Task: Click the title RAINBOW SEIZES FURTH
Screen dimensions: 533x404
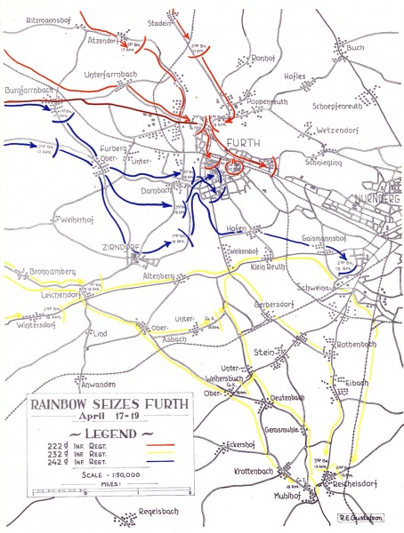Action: pos(109,403)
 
